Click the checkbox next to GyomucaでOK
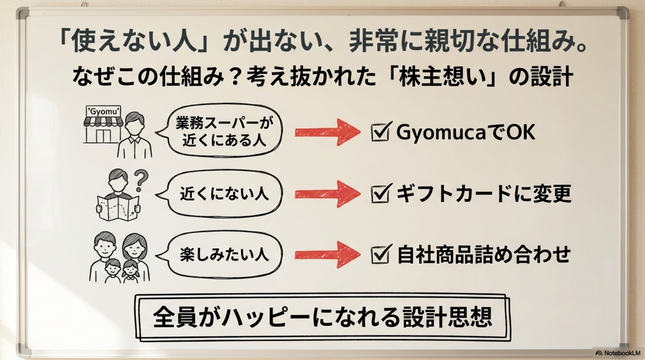[380, 133]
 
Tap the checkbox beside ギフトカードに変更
[380, 194]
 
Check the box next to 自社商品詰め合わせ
[380, 255]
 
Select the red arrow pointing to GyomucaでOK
[327, 132]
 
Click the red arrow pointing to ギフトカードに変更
[327, 194]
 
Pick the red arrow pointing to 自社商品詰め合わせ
[327, 255]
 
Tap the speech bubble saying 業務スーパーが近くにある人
[224, 131]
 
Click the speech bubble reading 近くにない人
[224, 194]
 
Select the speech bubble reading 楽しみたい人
[224, 255]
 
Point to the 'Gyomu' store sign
[103, 111]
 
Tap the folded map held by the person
[118, 207]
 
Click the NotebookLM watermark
[618, 353]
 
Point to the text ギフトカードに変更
[484, 194]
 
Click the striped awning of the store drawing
[103, 122]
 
